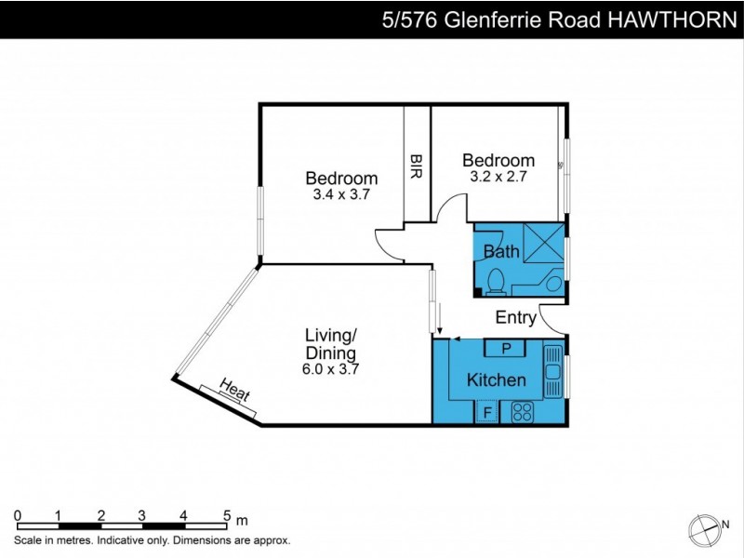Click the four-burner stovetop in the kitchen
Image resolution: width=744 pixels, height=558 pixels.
[x=519, y=412]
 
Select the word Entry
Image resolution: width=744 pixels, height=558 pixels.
[x=515, y=318]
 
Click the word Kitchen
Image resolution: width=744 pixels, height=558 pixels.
[x=496, y=379]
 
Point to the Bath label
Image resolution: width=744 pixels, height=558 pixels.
[x=501, y=251]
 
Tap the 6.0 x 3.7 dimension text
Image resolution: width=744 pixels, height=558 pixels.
[x=332, y=368]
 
